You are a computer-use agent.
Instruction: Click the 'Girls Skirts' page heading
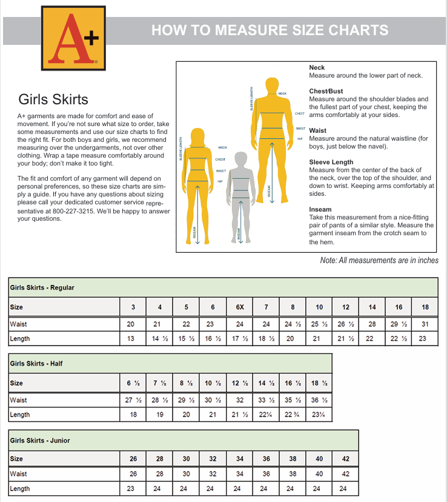point(53,99)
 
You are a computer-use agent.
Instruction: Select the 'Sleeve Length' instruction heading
point(331,162)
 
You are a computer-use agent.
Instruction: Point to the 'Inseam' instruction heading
point(320,210)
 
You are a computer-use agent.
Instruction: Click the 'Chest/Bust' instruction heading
point(326,91)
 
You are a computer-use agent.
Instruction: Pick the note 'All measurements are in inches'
point(379,260)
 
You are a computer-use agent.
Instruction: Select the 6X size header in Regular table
point(240,307)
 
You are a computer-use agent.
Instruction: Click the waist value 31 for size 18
point(425,324)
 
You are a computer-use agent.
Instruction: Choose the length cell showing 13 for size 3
point(131,339)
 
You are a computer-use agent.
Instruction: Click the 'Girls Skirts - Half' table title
point(36,364)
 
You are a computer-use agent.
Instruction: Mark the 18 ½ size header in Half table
point(319,383)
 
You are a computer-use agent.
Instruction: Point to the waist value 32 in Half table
point(240,400)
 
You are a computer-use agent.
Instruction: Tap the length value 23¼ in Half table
point(319,415)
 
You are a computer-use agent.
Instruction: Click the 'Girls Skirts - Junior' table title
point(40,440)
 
